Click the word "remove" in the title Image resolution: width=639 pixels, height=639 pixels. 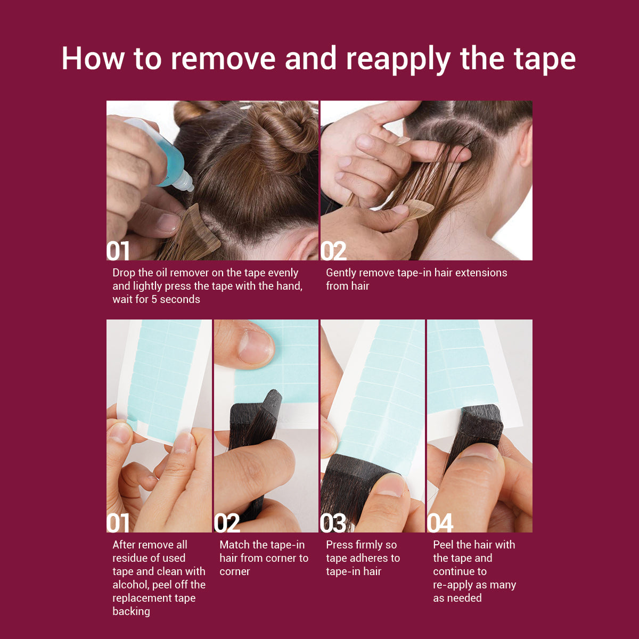(x=223, y=59)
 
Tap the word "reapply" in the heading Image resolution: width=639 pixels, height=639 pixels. (x=398, y=61)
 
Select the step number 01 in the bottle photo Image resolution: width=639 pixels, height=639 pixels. (x=118, y=251)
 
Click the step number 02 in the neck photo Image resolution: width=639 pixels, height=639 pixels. (x=333, y=251)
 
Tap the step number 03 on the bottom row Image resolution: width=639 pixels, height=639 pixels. (x=333, y=523)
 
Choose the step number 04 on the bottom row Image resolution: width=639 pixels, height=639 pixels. (x=440, y=523)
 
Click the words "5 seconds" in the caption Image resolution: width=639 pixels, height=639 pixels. (x=176, y=299)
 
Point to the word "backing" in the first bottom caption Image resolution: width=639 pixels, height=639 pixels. (x=132, y=612)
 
